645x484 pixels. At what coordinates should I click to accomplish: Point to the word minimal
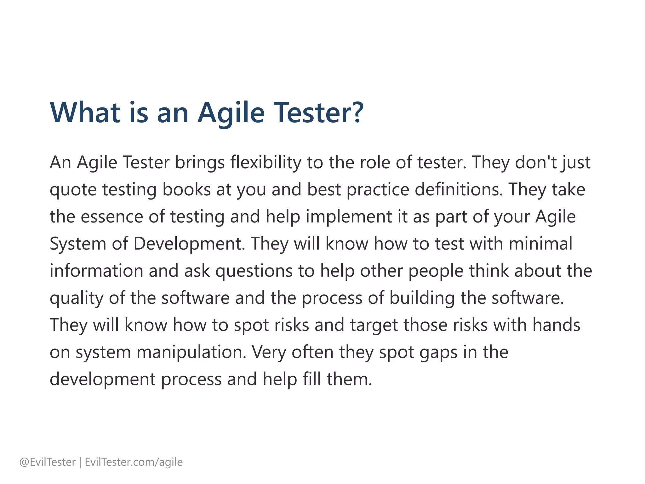tap(540, 244)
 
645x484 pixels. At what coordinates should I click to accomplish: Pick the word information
tap(96, 271)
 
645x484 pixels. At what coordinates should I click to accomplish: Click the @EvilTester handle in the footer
tap(48, 462)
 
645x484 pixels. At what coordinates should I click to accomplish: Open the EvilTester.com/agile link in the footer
tap(134, 462)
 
